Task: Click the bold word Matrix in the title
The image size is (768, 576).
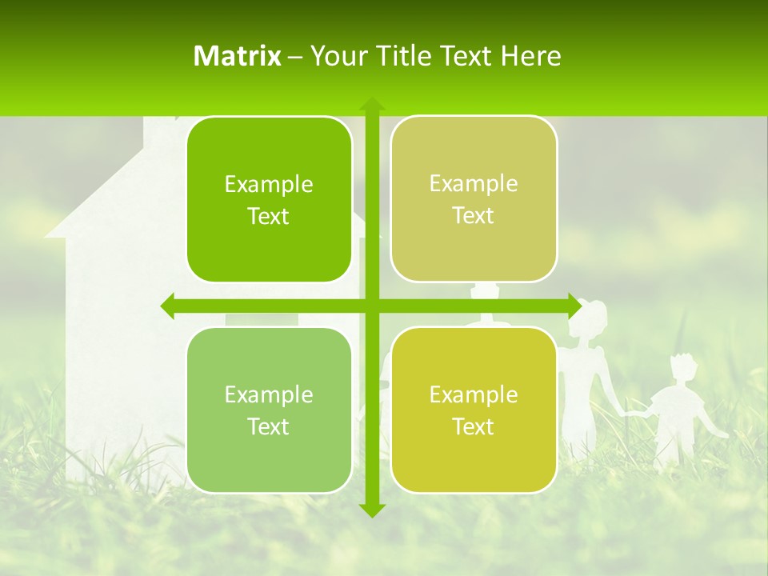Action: coord(238,56)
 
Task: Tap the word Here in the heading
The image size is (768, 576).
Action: coord(531,56)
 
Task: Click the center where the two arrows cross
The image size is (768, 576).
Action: coord(371,306)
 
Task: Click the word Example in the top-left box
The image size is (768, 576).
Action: coord(269,185)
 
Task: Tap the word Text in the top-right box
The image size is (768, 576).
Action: coord(473,216)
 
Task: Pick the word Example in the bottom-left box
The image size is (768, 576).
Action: coord(269,394)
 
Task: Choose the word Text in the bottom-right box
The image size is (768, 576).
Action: coord(473,426)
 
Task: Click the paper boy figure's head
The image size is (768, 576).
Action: coord(682,370)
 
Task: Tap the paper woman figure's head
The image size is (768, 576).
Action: coord(591,315)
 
